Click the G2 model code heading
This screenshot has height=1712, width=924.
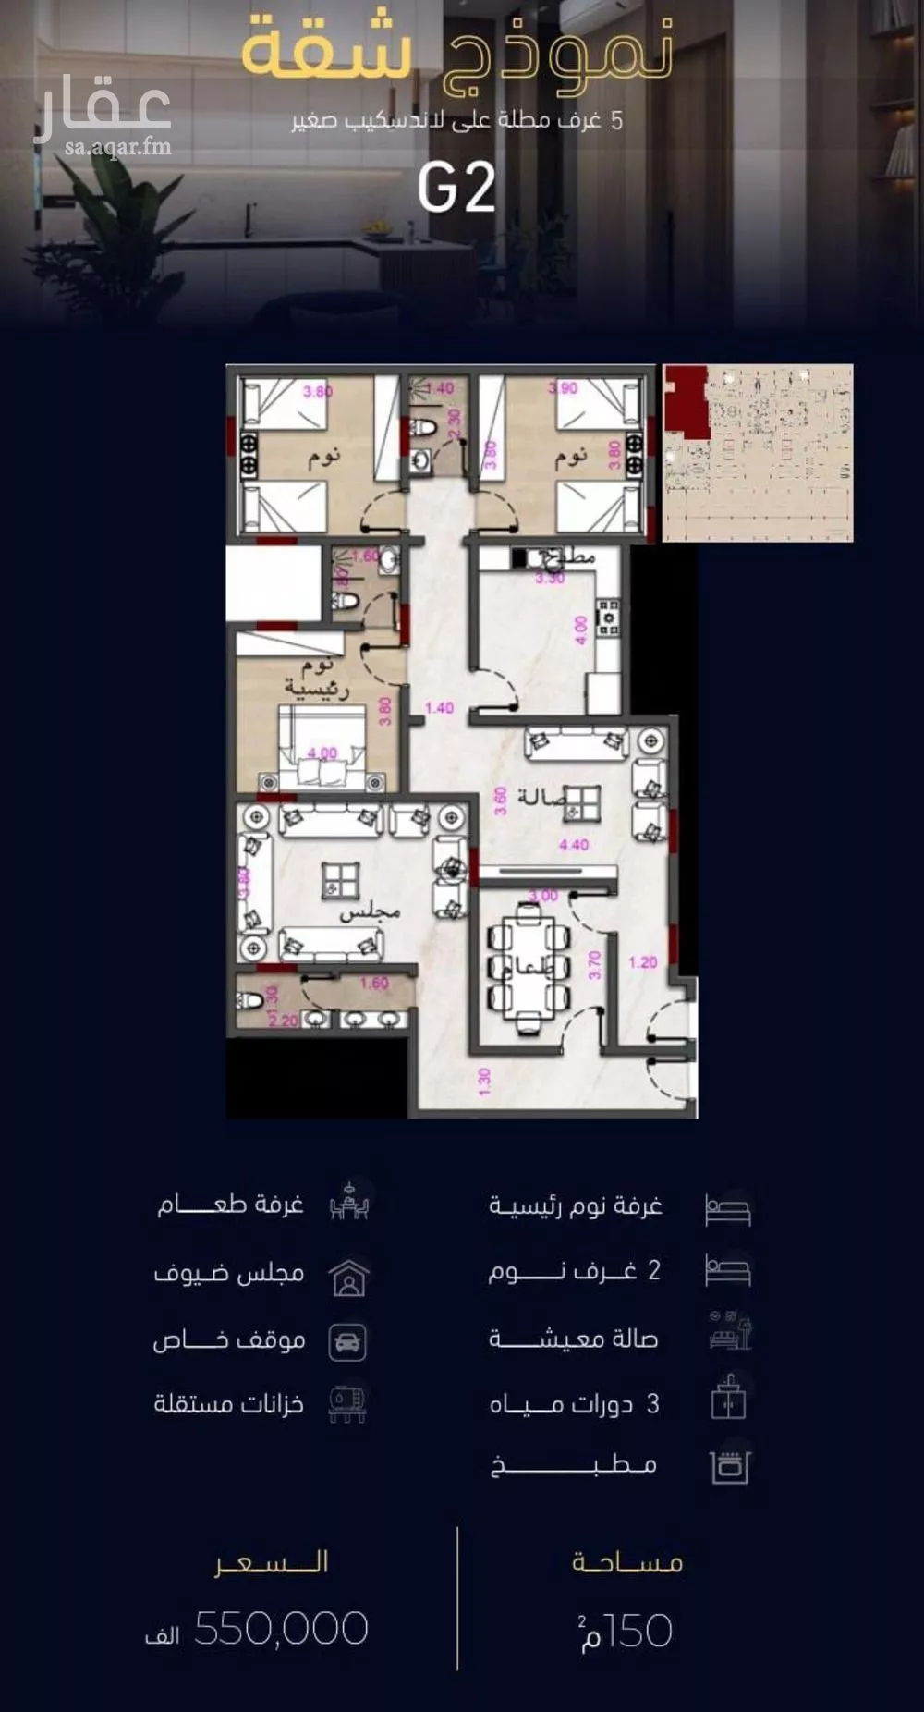click(x=456, y=189)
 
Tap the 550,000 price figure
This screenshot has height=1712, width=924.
click(x=281, y=1629)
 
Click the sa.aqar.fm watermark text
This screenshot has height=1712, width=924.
click(x=118, y=147)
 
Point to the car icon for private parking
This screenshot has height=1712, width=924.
click(x=347, y=1342)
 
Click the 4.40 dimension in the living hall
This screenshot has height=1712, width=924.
click(x=573, y=844)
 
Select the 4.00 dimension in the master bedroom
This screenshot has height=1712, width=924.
click(x=322, y=752)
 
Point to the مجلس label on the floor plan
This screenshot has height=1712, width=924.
click(x=369, y=912)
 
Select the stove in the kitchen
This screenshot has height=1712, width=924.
click(x=608, y=617)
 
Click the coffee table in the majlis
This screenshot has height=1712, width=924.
click(x=339, y=881)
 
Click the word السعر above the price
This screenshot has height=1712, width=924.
click(x=272, y=1562)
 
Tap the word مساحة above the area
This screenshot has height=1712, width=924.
click(x=627, y=1562)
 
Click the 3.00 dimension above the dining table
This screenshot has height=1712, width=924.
click(x=542, y=895)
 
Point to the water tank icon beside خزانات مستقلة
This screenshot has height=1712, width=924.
click(x=347, y=1403)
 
